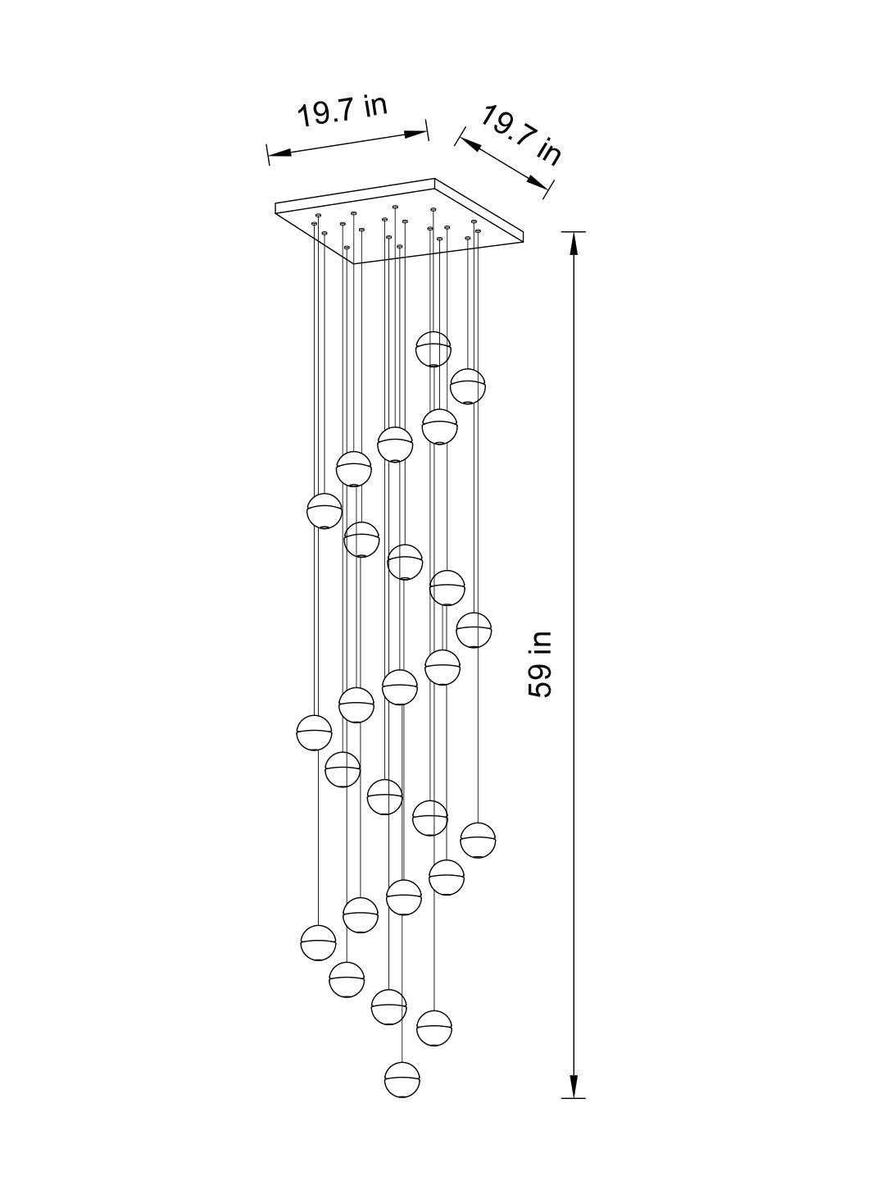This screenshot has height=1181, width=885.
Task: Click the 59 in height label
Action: (x=541, y=664)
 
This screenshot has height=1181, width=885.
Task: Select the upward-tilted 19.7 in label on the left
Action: (x=342, y=112)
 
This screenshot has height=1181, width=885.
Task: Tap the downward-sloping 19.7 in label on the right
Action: (x=520, y=136)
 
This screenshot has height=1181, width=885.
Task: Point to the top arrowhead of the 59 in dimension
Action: (x=574, y=242)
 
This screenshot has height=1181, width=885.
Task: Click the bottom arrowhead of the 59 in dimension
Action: (x=574, y=1088)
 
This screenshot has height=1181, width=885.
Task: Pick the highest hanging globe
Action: (x=433, y=349)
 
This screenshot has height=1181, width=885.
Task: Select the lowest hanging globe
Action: (x=402, y=1079)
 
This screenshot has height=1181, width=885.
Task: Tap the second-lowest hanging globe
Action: (x=434, y=1028)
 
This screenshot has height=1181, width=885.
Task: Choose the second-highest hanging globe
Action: (x=467, y=386)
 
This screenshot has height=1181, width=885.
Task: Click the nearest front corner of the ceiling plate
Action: (x=355, y=263)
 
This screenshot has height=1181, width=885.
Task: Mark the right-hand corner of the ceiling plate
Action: (x=521, y=239)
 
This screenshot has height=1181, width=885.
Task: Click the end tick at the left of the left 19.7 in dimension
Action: (x=268, y=154)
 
